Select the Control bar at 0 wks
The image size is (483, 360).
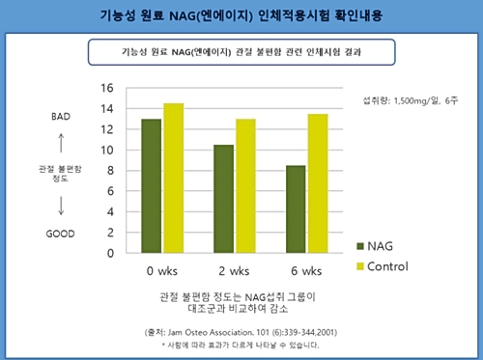click(173, 179)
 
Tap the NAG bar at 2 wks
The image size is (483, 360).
click(224, 199)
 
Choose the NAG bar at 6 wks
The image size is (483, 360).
click(297, 209)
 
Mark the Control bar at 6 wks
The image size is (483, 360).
click(318, 183)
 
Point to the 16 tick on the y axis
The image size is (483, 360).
click(107, 88)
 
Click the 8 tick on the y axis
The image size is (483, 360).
click(110, 171)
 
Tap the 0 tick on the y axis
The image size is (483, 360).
click(110, 254)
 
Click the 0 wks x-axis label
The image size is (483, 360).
click(161, 269)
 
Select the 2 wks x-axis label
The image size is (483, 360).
click(235, 269)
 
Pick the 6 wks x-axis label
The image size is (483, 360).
click(307, 269)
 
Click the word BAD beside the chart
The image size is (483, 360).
click(60, 117)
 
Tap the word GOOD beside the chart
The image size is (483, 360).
click(61, 234)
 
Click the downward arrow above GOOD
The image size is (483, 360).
click(61, 204)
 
